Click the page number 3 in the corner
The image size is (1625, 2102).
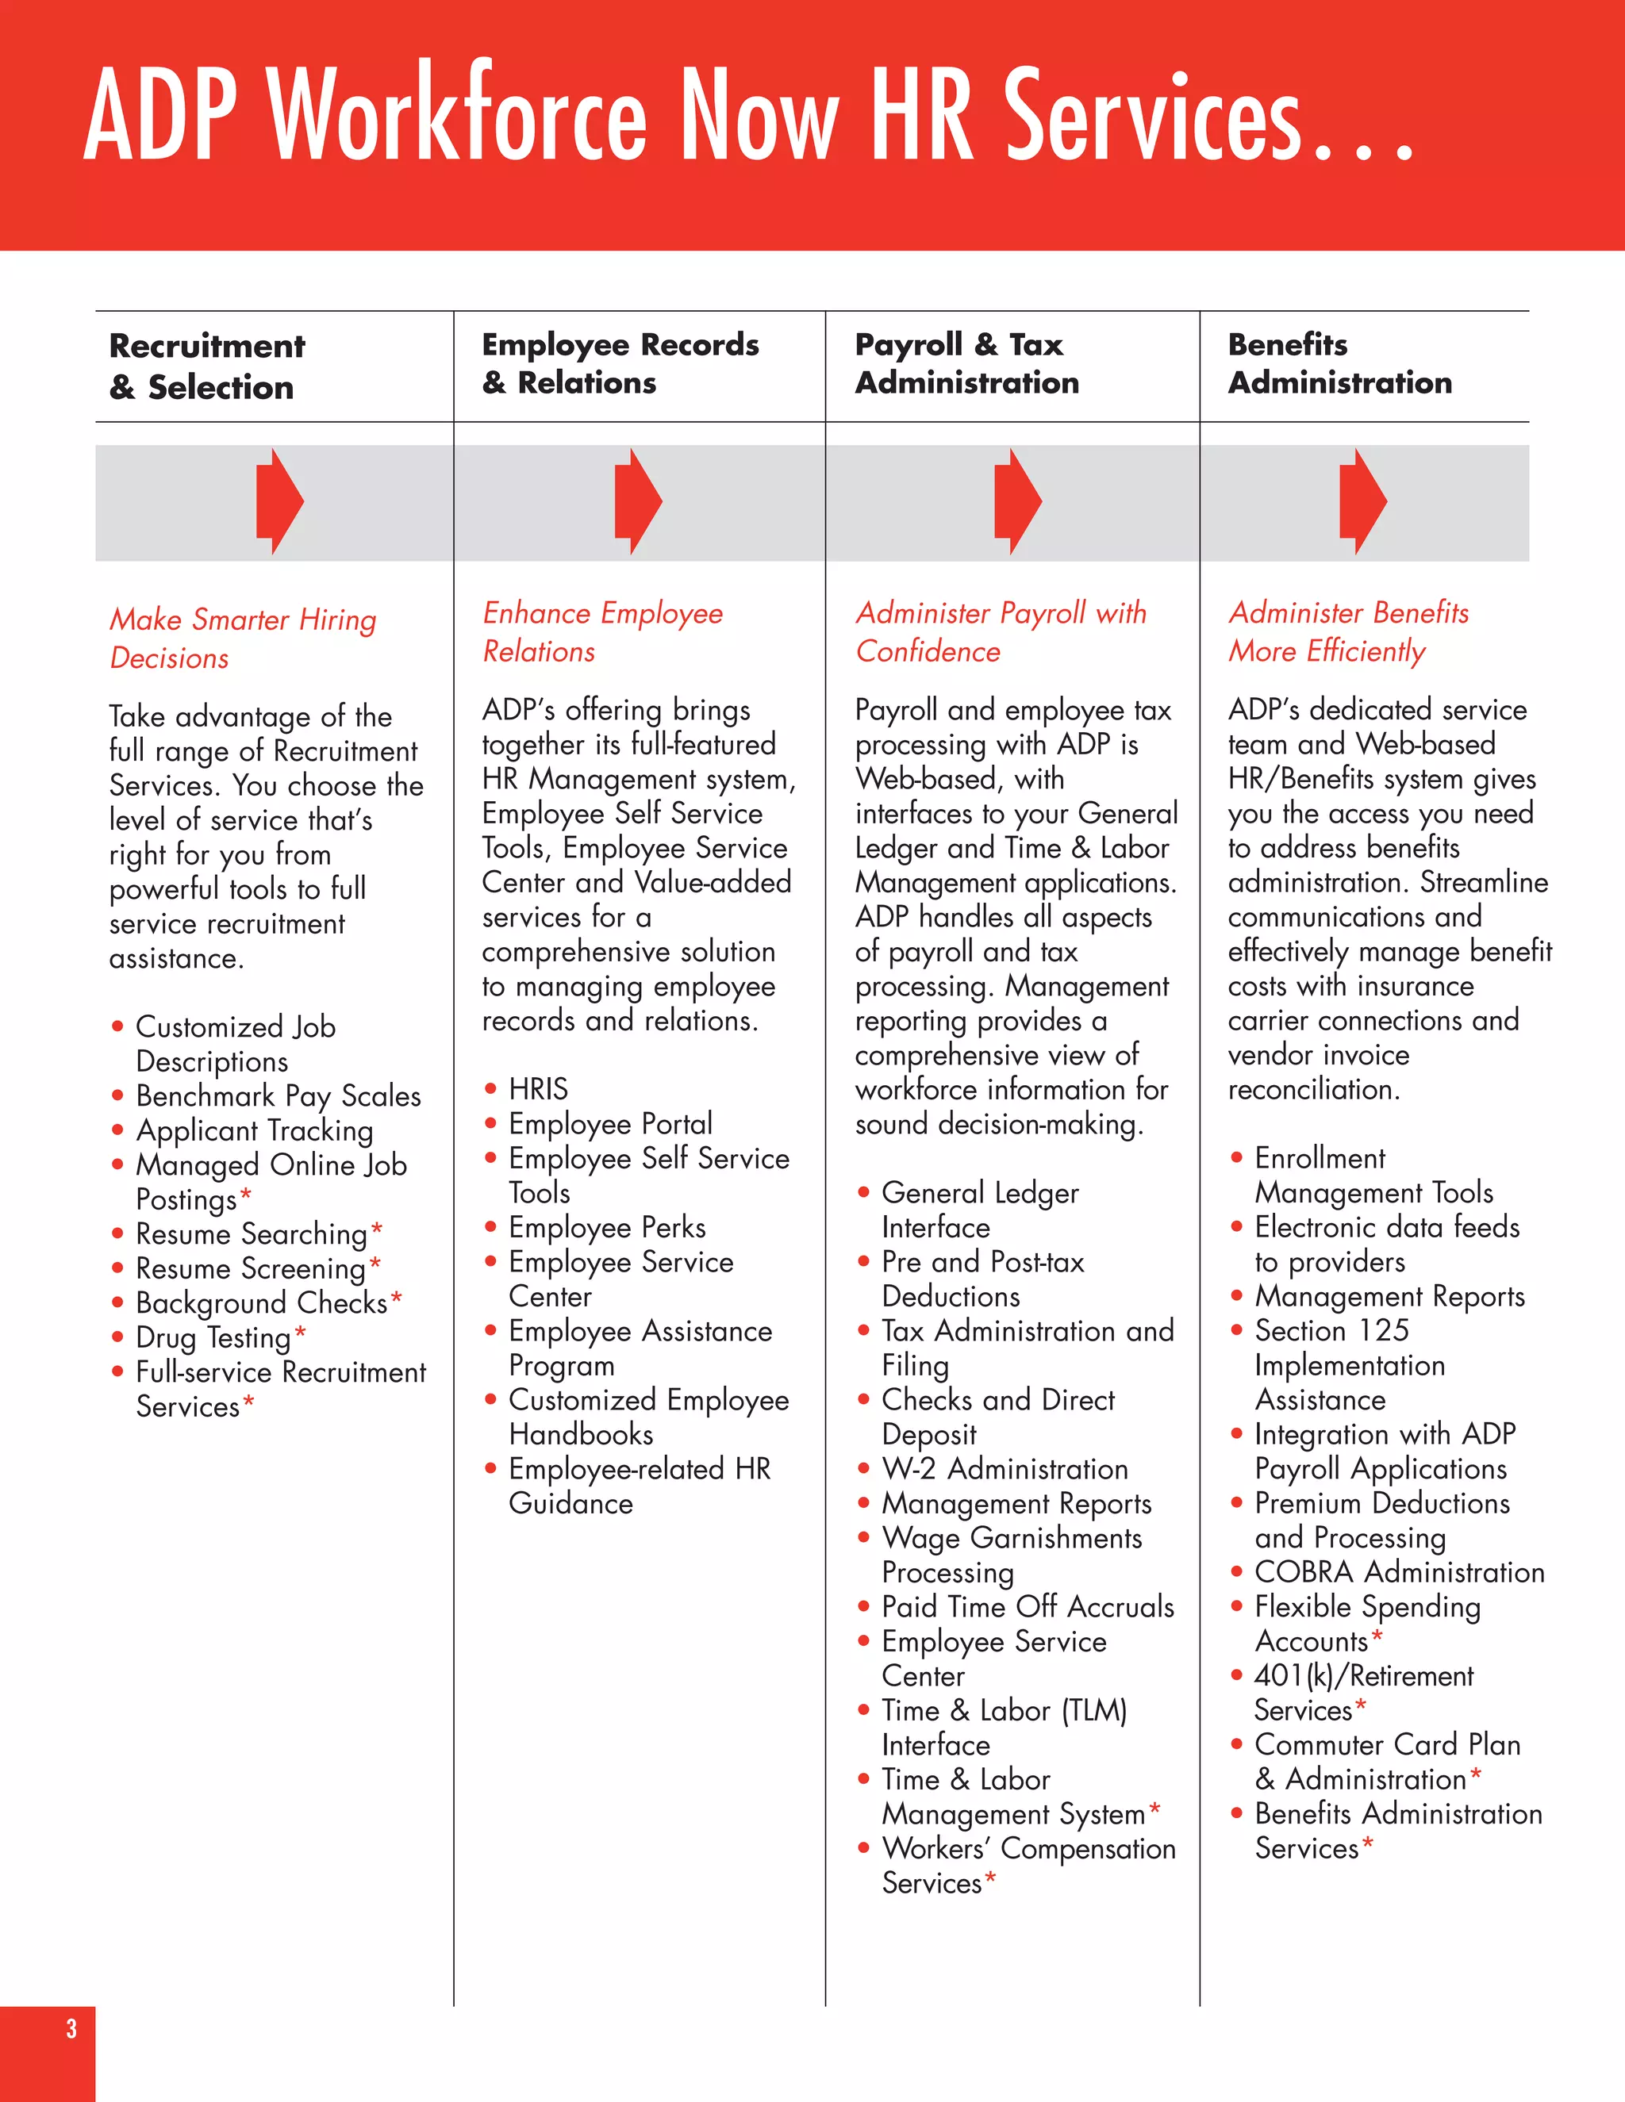click(71, 2029)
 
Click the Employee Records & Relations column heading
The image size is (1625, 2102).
click(620, 364)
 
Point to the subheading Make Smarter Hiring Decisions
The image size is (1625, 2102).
click(243, 638)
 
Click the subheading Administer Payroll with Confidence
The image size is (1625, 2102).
click(1001, 631)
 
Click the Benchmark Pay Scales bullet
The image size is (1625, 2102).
click(279, 1095)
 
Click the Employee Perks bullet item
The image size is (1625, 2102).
click(606, 1227)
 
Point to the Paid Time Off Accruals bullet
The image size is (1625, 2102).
click(1028, 1606)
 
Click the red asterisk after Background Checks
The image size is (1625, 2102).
click(397, 1298)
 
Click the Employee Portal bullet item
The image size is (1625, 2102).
click(610, 1123)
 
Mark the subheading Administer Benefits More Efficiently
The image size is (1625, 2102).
click(1348, 631)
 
